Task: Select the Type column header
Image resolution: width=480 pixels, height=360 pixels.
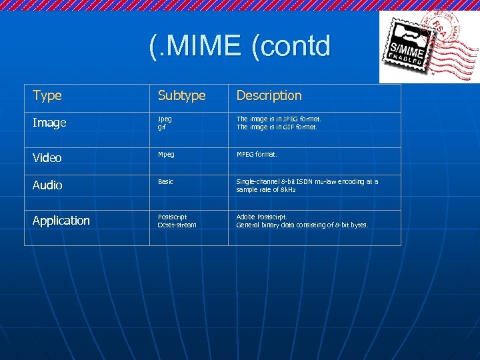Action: point(47,95)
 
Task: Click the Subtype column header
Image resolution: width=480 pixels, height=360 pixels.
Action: point(181,96)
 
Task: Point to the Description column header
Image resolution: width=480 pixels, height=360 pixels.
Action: point(269,96)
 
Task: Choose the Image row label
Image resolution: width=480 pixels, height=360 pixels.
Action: point(49,123)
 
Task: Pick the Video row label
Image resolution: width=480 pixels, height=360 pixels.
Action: point(47,158)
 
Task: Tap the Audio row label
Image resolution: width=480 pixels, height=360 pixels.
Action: point(47,185)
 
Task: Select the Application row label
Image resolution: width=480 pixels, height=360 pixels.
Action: point(61,221)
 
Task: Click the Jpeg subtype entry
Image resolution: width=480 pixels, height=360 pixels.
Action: point(164,119)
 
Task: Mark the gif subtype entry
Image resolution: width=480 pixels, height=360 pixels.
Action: point(161,127)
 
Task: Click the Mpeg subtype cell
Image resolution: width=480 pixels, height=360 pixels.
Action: point(166,154)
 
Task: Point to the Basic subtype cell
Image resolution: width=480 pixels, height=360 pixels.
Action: point(165,181)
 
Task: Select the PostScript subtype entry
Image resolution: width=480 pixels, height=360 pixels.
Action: point(172,217)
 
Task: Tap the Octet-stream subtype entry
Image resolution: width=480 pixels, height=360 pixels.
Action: point(177,225)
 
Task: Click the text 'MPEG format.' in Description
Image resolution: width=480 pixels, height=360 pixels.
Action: point(256,154)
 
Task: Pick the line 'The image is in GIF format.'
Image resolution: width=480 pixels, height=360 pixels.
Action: point(277,127)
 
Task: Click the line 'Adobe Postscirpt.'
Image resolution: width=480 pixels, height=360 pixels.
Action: point(262,217)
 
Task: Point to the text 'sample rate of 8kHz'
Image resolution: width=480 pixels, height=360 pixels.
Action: point(266,189)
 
